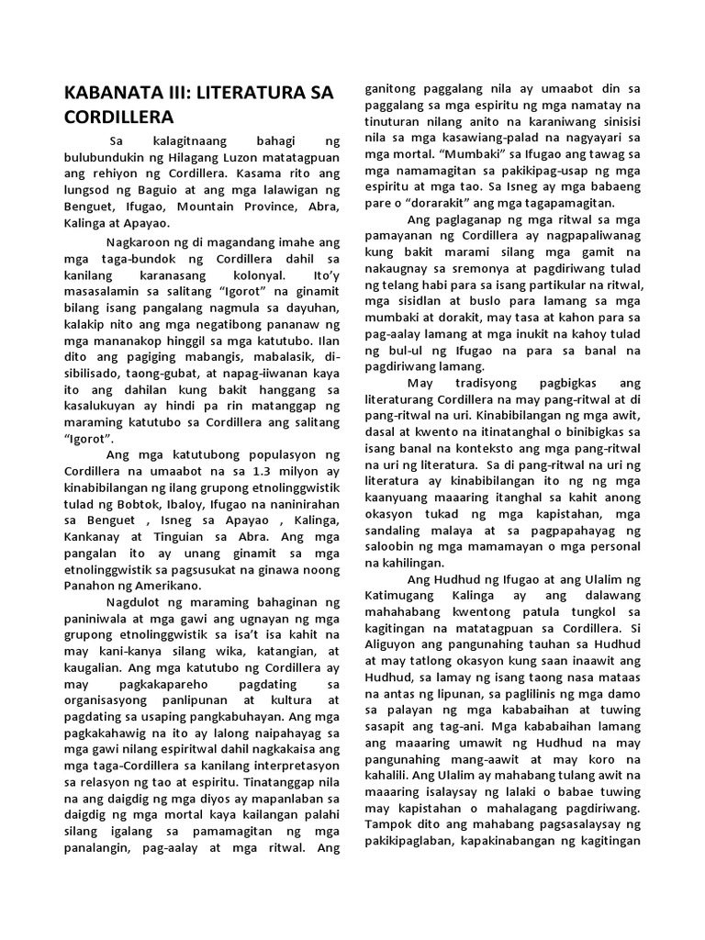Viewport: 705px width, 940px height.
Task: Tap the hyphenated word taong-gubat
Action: click(x=192, y=374)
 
